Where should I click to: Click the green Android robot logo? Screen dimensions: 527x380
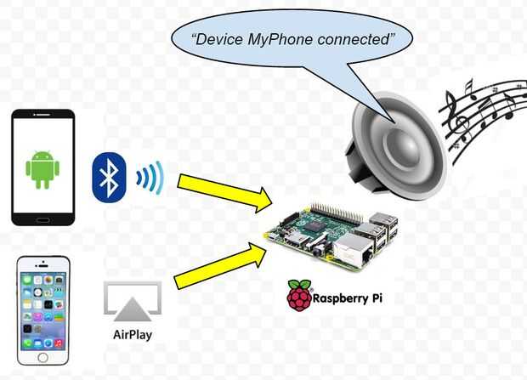[42, 169]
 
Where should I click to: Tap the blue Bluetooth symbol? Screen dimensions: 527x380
[109, 177]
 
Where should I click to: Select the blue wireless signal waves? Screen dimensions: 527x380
[150, 178]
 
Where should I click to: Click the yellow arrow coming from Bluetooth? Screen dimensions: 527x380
[224, 193]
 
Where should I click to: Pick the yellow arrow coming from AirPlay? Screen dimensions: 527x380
[220, 266]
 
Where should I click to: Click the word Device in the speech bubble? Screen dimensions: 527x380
[218, 39]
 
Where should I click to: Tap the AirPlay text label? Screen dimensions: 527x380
[133, 335]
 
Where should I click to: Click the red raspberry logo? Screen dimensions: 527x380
[299, 295]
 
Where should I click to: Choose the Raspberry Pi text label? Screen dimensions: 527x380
[348, 298]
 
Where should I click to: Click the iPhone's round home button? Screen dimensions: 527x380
[42, 357]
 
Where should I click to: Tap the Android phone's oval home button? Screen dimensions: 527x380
[43, 220]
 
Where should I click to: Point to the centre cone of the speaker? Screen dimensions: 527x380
[403, 146]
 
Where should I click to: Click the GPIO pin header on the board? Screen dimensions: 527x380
[337, 213]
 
